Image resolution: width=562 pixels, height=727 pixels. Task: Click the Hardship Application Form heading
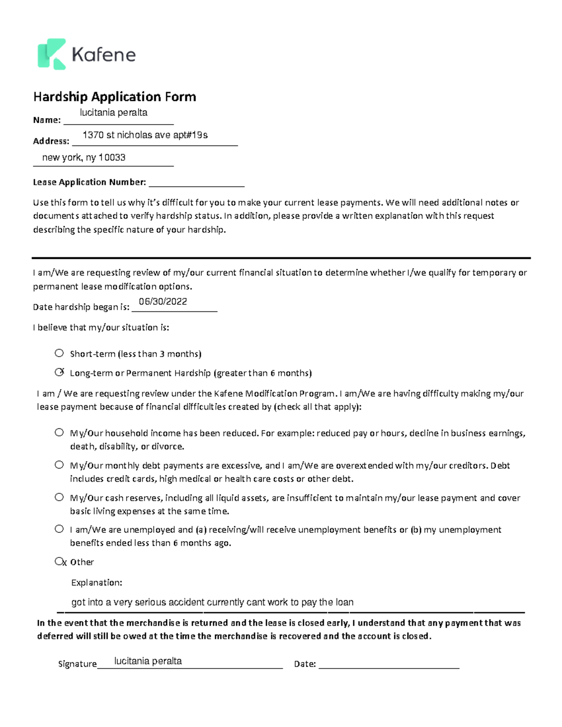pyautogui.click(x=114, y=97)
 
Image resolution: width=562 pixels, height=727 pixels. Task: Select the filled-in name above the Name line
pyautogui.click(x=113, y=113)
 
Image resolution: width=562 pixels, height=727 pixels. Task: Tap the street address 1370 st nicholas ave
pyautogui.click(x=145, y=135)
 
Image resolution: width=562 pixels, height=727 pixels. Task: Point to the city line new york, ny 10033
pyautogui.click(x=84, y=158)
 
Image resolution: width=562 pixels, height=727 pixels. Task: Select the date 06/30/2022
pyautogui.click(x=163, y=302)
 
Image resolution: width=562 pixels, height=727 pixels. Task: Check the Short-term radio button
pyautogui.click(x=59, y=353)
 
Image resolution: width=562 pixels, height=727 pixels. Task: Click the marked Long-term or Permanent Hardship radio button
pyautogui.click(x=59, y=373)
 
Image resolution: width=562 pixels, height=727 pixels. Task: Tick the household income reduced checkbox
pyautogui.click(x=59, y=433)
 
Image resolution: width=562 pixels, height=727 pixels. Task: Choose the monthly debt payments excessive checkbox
pyautogui.click(x=59, y=465)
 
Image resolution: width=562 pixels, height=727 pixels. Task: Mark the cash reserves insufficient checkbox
pyautogui.click(x=59, y=497)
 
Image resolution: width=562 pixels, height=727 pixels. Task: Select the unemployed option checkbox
pyautogui.click(x=59, y=529)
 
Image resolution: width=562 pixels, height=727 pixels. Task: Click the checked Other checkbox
pyautogui.click(x=59, y=561)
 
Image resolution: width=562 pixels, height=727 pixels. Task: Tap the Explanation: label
pyautogui.click(x=96, y=582)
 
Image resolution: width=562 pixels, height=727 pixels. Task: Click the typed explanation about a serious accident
pyautogui.click(x=212, y=602)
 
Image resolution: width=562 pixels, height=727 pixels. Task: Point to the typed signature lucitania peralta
pyautogui.click(x=148, y=661)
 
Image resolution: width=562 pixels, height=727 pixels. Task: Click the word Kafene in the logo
pyautogui.click(x=104, y=55)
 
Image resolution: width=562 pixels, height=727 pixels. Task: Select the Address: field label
pyautogui.click(x=51, y=141)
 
